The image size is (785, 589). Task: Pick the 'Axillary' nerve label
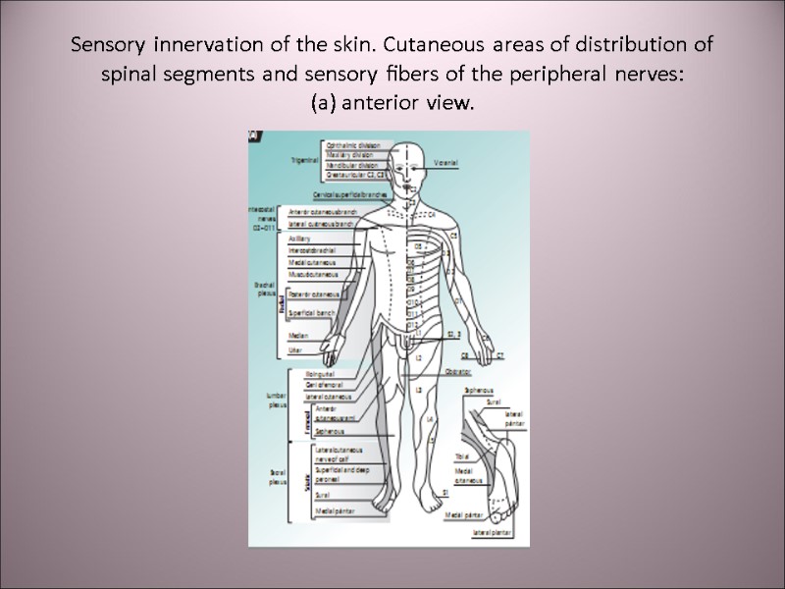click(x=299, y=239)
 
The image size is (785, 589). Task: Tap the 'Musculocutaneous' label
click(x=312, y=274)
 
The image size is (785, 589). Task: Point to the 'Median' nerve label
click(x=298, y=336)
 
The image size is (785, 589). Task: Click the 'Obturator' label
click(x=459, y=372)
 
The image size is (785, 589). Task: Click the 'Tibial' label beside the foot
click(x=461, y=456)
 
